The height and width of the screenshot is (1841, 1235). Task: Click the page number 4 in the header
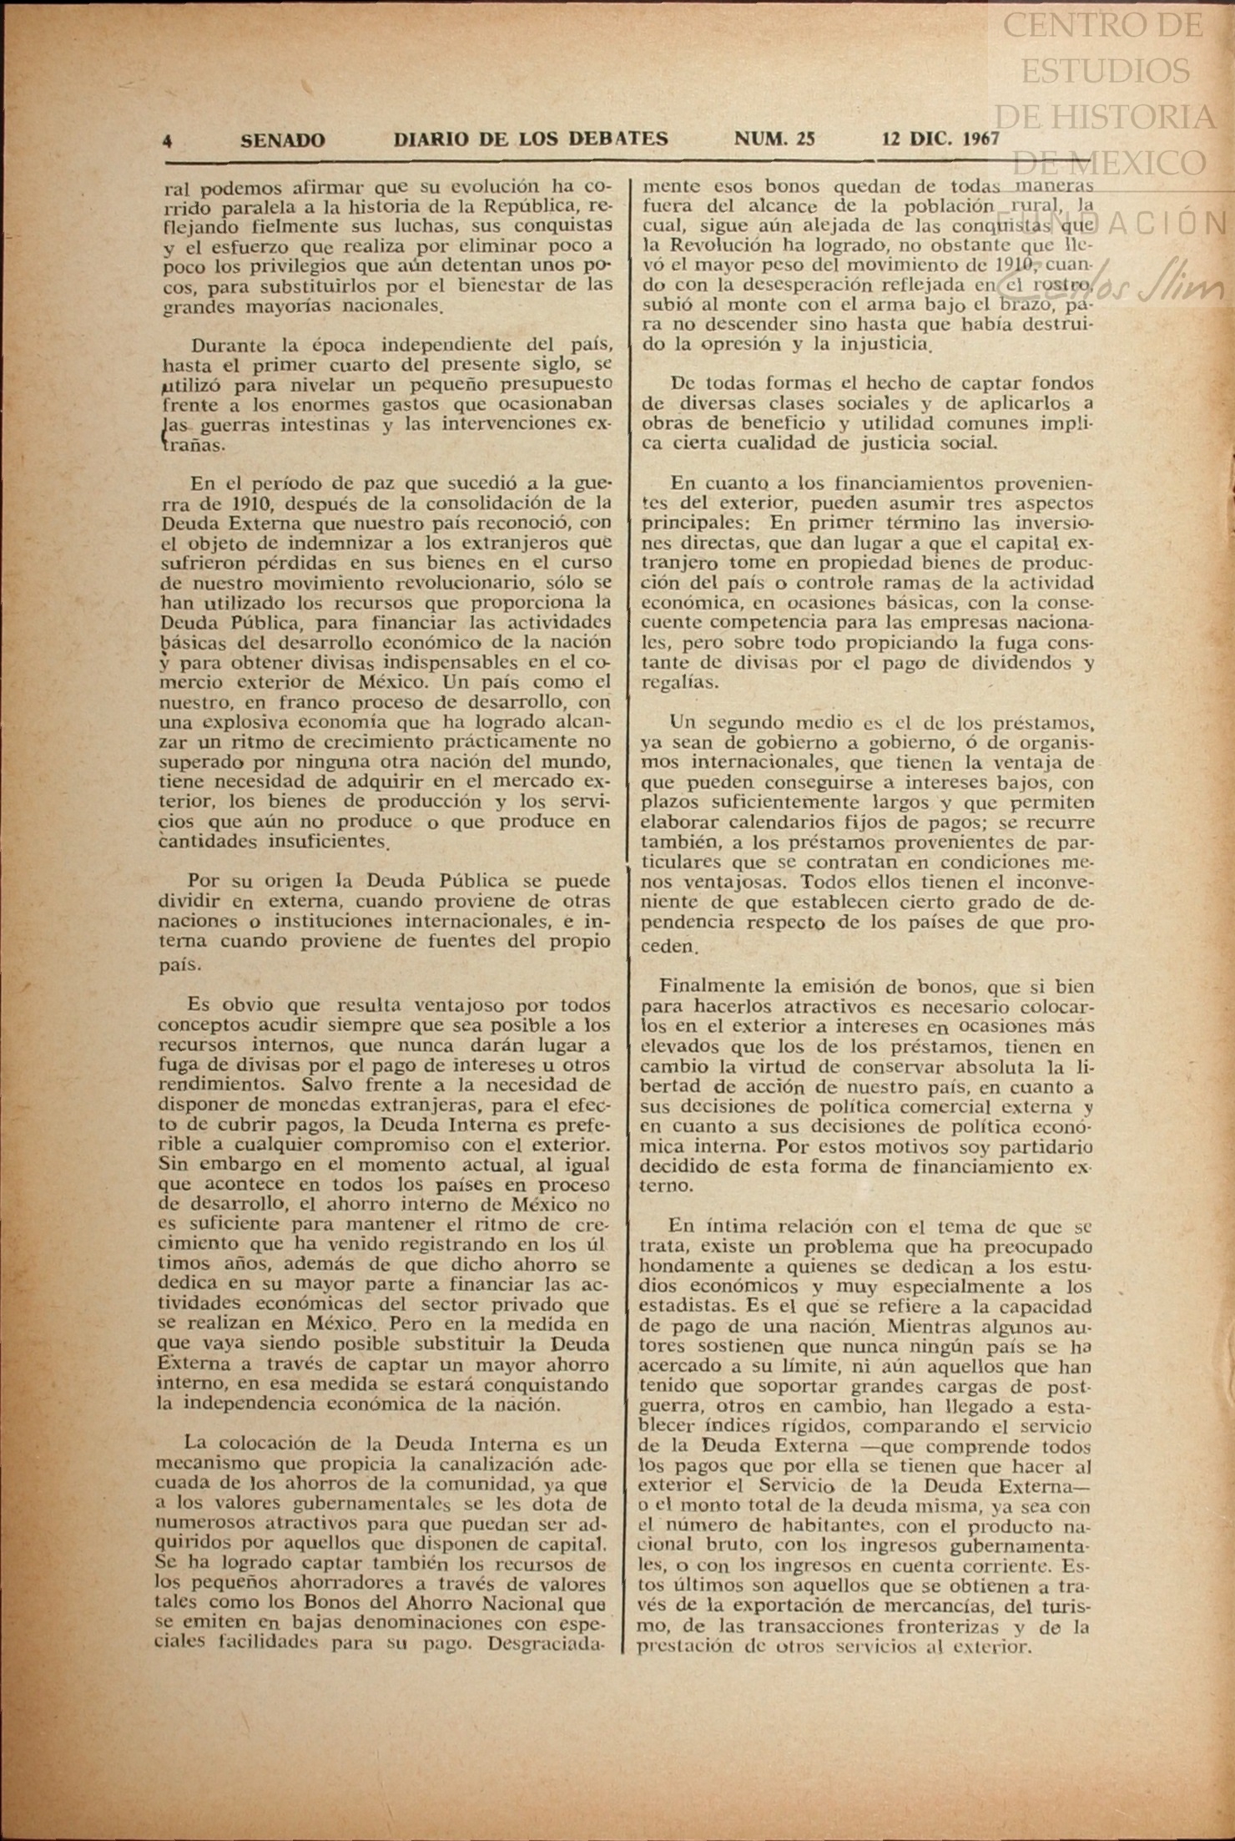click(x=168, y=141)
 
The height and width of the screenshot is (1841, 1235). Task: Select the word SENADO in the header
click(x=283, y=140)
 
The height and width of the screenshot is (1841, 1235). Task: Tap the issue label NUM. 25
click(x=774, y=139)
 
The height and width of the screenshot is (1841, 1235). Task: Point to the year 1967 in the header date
click(x=981, y=139)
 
